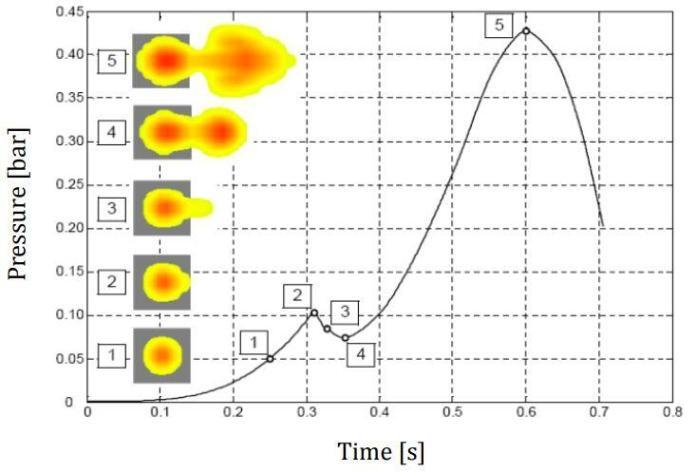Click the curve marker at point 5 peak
point(526,30)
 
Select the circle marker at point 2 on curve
point(314,312)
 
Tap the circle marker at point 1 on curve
point(270,359)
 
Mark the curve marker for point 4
point(345,338)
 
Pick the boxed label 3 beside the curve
point(343,311)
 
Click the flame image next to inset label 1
point(161,355)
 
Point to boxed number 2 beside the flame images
point(113,281)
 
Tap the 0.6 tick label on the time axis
point(526,410)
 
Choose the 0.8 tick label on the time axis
point(672,410)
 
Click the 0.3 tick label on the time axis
point(307,410)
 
